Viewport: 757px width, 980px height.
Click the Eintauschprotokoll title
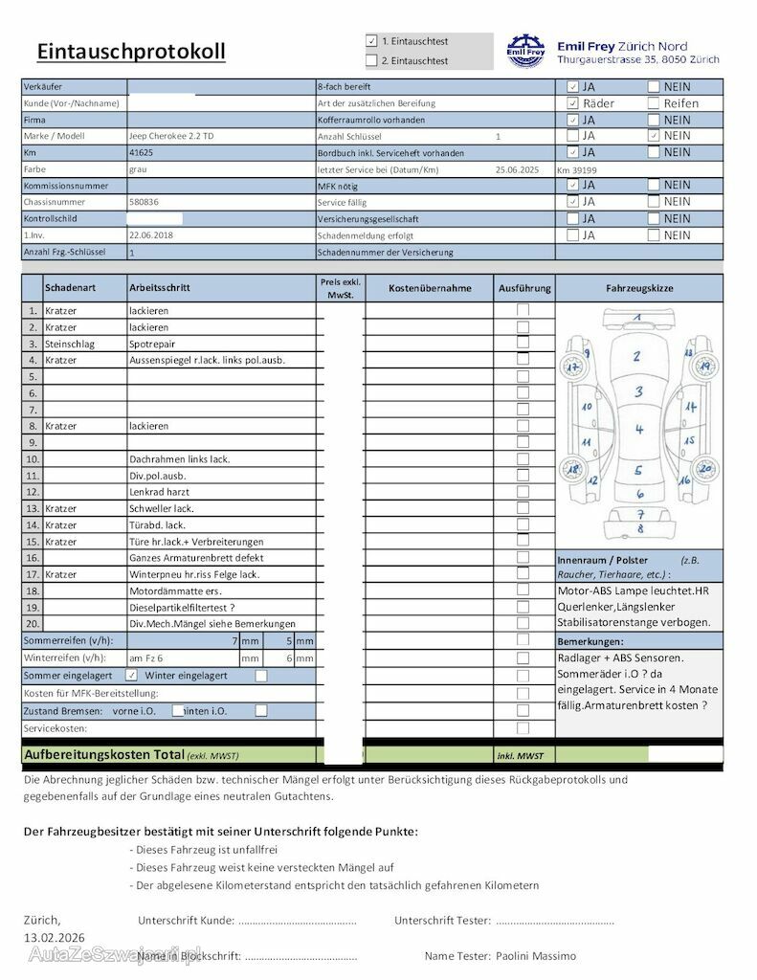pyautogui.click(x=131, y=52)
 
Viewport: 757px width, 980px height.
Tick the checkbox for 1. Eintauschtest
pyautogui.click(x=371, y=41)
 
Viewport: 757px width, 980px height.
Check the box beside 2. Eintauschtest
pyautogui.click(x=371, y=60)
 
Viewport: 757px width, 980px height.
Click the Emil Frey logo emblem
pyautogui.click(x=524, y=52)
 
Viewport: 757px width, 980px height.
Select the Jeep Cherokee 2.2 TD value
pyautogui.click(x=171, y=136)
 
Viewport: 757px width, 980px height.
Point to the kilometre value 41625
pyautogui.click(x=141, y=152)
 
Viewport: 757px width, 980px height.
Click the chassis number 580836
pyautogui.click(x=144, y=202)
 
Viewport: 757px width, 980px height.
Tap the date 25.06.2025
pyautogui.click(x=518, y=169)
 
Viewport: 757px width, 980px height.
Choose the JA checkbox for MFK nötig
pyautogui.click(x=572, y=185)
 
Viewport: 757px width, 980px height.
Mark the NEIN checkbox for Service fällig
pyautogui.click(x=654, y=202)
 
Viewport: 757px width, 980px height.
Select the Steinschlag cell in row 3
pyautogui.click(x=70, y=344)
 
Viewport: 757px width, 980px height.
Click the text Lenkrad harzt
pyautogui.click(x=159, y=492)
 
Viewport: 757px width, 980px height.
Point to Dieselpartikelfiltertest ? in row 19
pyautogui.click(x=182, y=607)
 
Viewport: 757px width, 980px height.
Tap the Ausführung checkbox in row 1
pyautogui.click(x=523, y=310)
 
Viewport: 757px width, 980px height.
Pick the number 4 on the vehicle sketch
pyautogui.click(x=639, y=430)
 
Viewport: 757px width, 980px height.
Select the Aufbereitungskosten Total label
pyautogui.click(x=104, y=754)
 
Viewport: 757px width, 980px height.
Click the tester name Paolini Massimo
pyautogui.click(x=536, y=956)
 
